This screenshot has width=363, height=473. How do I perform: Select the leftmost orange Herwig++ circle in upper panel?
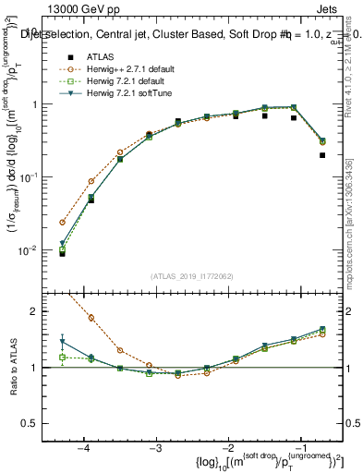63,223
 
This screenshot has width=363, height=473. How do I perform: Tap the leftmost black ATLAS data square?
63,252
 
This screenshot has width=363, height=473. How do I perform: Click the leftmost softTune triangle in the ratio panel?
63,342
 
